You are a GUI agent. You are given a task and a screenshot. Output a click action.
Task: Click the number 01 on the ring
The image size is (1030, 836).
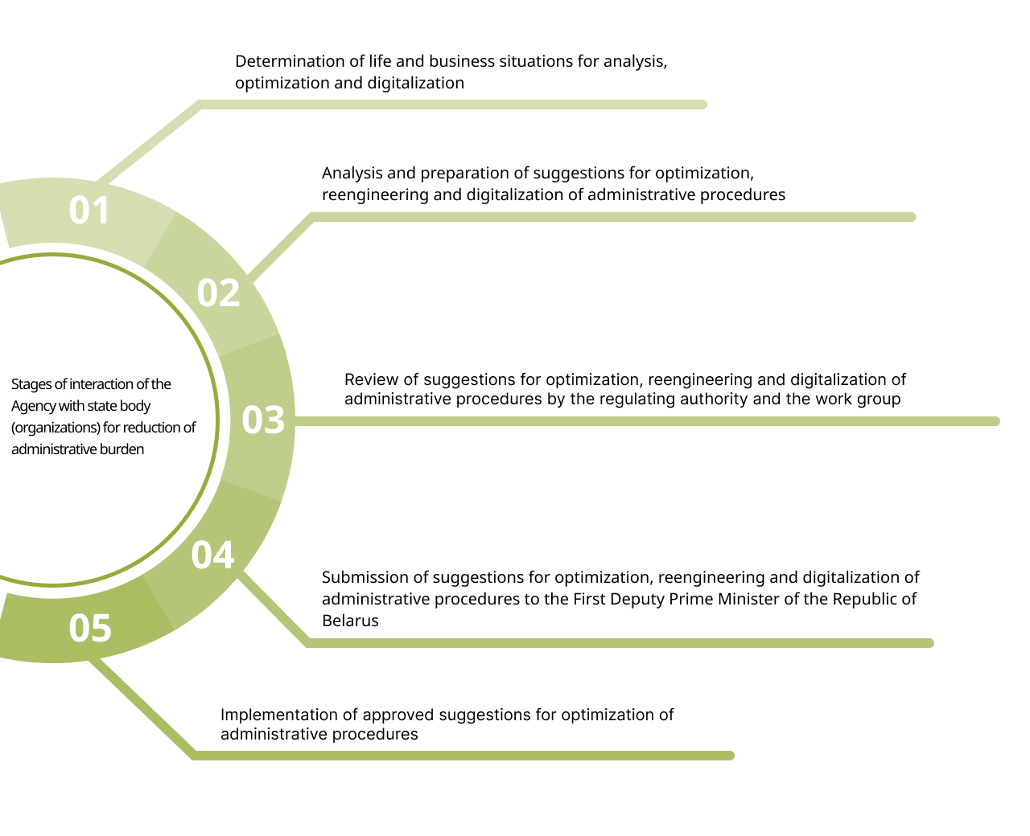click(89, 211)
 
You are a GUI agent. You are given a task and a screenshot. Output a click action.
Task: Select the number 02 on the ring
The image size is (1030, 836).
click(218, 293)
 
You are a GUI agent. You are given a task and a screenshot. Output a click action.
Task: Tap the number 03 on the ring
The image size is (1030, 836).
click(263, 420)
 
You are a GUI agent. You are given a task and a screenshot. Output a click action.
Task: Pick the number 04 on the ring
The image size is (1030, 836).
click(212, 555)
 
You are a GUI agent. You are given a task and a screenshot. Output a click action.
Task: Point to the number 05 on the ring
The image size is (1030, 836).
click(90, 628)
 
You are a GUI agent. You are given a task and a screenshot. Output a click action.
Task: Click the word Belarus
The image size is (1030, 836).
click(350, 621)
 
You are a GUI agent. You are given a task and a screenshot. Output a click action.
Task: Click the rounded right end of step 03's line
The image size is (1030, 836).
click(995, 421)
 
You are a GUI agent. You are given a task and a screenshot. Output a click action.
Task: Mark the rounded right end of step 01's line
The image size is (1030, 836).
click(702, 104)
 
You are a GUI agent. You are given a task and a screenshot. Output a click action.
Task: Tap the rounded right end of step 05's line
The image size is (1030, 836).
click(730, 756)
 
